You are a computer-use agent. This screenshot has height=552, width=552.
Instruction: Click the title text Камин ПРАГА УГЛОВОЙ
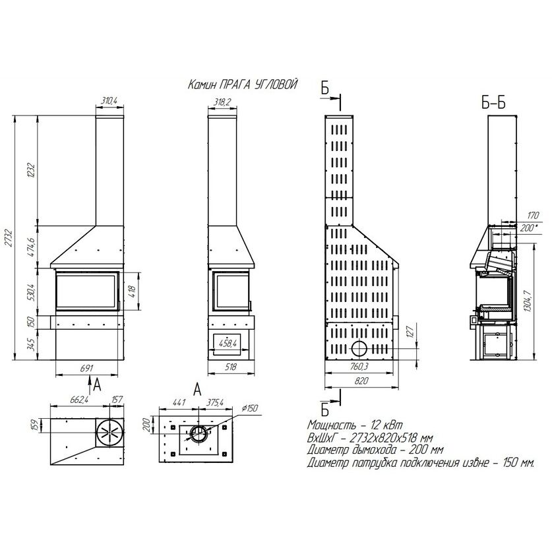click(x=243, y=85)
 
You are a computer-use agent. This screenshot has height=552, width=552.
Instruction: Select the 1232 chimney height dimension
click(x=32, y=170)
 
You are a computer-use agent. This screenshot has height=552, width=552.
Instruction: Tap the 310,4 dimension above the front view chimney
click(x=109, y=101)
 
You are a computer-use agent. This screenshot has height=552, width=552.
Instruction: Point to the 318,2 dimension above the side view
click(x=222, y=102)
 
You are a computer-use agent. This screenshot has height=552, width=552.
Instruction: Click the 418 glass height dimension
click(x=133, y=291)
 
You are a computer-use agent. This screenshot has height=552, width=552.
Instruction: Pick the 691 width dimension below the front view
click(x=86, y=368)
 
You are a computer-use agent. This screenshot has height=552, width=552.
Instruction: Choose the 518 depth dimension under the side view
click(x=231, y=367)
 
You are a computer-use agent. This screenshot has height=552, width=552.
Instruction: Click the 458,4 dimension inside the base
click(x=228, y=343)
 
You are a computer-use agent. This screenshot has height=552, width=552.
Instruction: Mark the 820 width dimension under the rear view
click(x=361, y=381)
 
